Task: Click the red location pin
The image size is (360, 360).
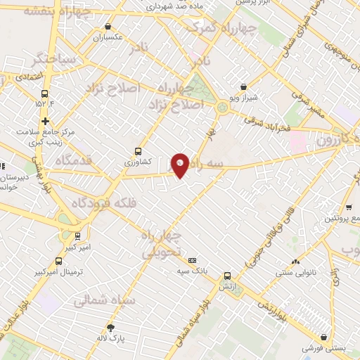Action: (180, 165)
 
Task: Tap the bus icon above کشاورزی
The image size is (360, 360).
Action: (138, 150)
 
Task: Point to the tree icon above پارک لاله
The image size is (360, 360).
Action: (110, 327)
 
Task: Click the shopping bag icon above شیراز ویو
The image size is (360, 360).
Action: (243, 86)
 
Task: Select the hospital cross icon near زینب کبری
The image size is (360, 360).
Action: (46, 121)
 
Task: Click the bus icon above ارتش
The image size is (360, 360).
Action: (226, 276)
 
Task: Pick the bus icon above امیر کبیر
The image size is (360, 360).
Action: (77, 236)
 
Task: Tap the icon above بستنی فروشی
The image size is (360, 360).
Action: (323, 337)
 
